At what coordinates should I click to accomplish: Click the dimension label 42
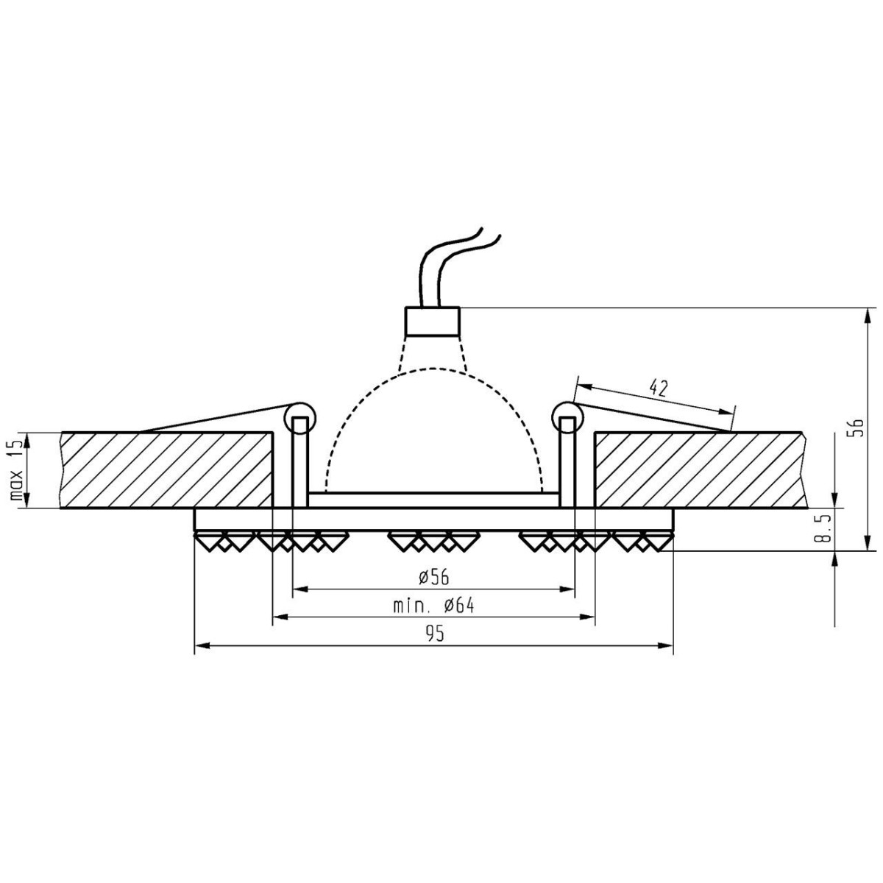659,389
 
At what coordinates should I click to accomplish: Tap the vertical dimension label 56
855,428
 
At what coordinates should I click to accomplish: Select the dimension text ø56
433,578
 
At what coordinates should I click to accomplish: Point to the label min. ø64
433,606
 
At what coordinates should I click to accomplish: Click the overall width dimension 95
433,634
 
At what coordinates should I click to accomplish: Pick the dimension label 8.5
825,529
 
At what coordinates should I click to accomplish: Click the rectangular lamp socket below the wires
433,321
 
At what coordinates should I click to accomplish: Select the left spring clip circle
299,416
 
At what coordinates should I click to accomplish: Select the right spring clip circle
567,416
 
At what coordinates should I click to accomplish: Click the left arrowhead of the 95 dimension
200,647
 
